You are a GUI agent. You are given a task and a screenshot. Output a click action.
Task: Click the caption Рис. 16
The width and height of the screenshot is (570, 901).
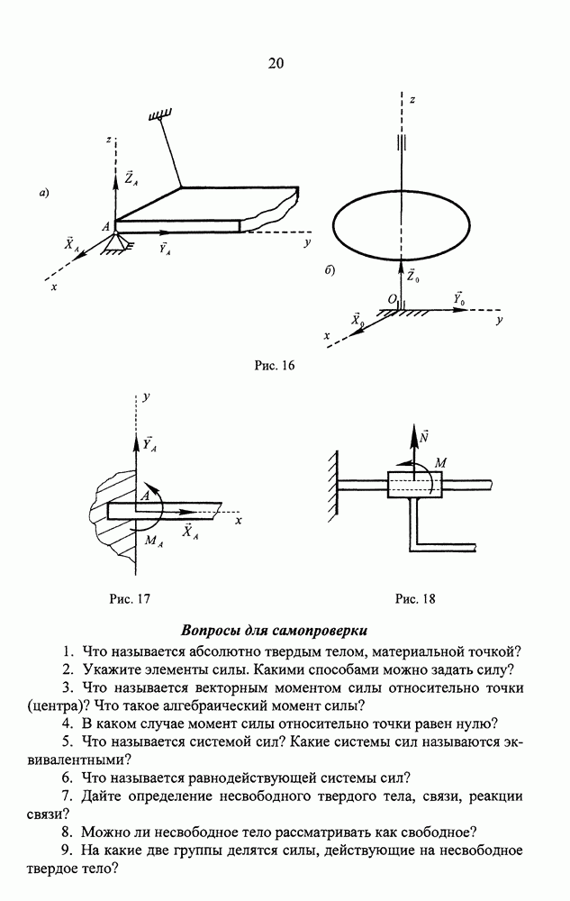point(276,366)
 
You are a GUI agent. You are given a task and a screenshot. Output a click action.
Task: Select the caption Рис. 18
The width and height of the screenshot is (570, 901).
point(415,598)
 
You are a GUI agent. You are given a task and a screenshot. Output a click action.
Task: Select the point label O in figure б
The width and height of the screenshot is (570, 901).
point(391,298)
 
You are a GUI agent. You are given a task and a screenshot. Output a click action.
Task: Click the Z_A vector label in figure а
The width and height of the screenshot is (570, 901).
point(131,178)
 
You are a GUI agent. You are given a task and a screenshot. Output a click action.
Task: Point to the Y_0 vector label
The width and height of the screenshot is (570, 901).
point(458,298)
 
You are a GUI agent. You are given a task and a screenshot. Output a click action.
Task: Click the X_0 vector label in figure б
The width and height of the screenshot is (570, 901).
point(357,319)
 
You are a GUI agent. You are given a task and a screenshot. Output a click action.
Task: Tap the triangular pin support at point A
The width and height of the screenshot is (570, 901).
point(114,242)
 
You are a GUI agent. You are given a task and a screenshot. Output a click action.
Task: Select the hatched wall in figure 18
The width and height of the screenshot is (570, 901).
point(331,483)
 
